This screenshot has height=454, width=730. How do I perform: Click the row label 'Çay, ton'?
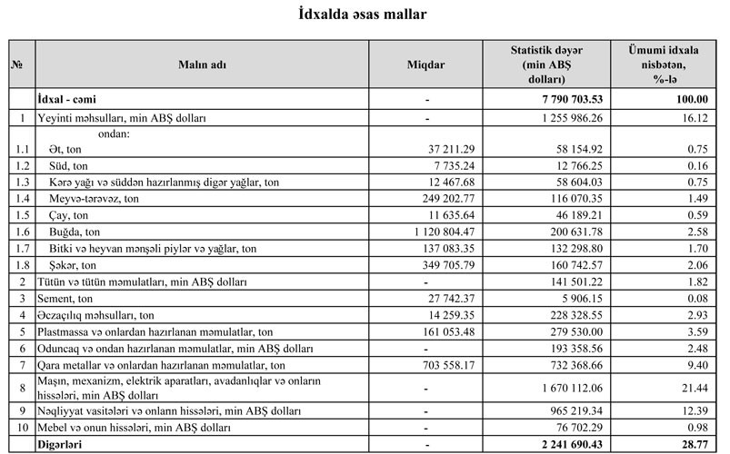[70, 215]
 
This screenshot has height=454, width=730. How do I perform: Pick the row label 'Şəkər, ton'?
[74, 265]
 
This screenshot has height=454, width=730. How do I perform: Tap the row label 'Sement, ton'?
[66, 298]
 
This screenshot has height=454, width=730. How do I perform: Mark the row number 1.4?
[20, 199]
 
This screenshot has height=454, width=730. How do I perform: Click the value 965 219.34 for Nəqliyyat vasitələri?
[571, 410]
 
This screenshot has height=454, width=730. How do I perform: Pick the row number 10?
[20, 427]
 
